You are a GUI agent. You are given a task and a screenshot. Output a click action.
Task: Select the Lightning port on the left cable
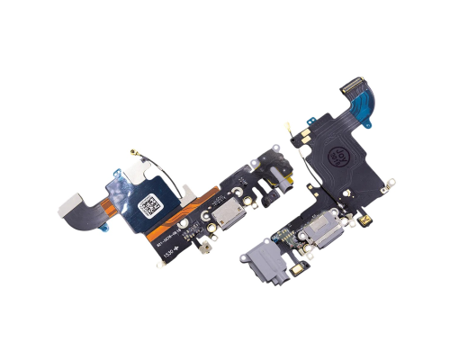pos(218,217)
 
